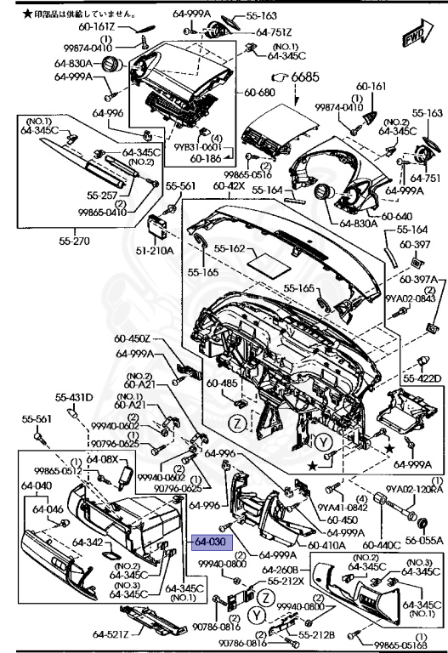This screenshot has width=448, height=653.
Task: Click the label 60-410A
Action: [326, 545]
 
